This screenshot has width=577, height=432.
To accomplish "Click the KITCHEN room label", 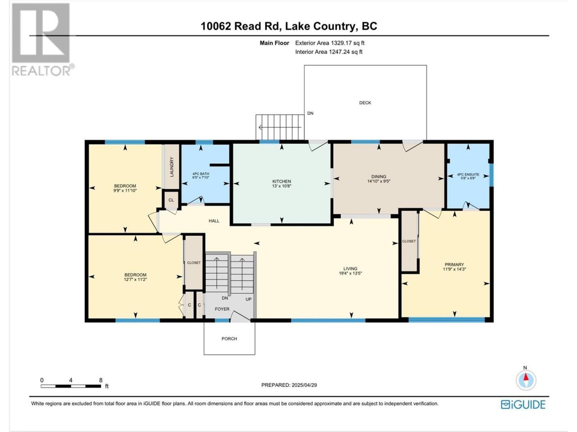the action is (282, 181).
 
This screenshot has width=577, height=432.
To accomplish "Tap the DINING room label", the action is (379, 176).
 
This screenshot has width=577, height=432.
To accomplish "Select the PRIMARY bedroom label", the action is (454, 265).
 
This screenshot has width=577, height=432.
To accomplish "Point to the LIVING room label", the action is (350, 269).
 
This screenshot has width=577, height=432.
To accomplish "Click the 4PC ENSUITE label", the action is (468, 175).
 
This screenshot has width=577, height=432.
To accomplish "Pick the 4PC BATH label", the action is (201, 174).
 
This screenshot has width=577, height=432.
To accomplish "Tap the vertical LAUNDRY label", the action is (172, 167).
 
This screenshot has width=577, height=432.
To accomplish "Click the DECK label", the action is (365, 103).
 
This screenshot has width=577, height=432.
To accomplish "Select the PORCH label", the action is (229, 338).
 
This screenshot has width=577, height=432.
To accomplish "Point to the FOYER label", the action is (222, 309).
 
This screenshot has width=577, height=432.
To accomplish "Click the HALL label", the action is (214, 221).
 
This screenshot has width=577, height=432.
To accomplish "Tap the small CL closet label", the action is (171, 200).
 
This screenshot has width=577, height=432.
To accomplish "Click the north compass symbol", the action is (526, 380).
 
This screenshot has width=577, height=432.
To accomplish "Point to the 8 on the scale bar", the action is (101, 380).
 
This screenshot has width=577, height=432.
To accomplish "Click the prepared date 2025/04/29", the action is (304, 385).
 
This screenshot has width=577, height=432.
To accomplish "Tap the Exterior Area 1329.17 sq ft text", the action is (330, 43).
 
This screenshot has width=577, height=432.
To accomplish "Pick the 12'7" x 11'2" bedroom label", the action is (135, 279).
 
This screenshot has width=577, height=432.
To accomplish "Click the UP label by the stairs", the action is (248, 299).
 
